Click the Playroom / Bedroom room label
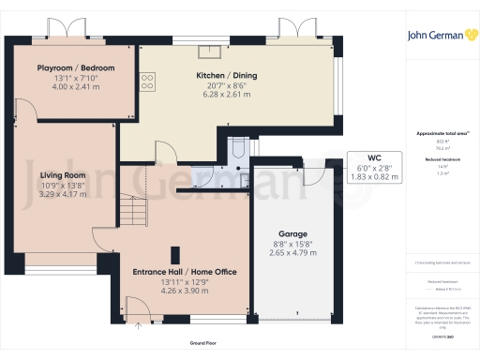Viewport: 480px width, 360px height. pos(75,68)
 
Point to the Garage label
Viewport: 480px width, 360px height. pos(293,233)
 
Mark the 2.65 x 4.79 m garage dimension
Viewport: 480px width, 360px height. pos(293,253)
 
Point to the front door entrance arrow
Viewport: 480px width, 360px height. pos(141,326)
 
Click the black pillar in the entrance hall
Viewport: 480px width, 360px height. pos(175,254)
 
